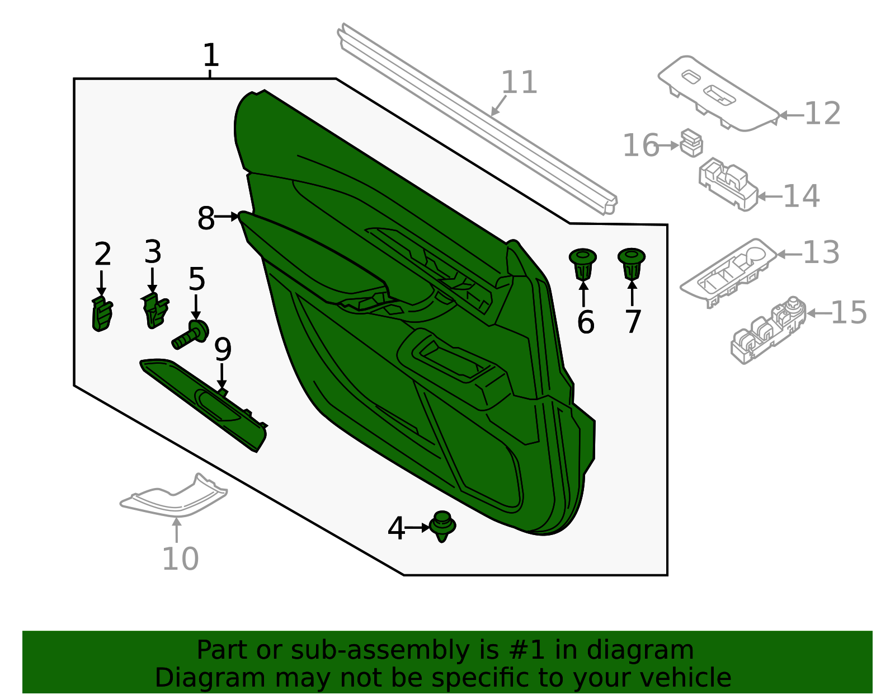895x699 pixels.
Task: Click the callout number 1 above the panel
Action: click(210, 55)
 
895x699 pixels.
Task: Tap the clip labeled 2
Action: click(101, 315)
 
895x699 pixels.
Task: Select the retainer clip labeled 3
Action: click(155, 311)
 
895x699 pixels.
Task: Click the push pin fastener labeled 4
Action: click(442, 526)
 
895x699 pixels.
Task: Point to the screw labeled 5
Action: click(191, 334)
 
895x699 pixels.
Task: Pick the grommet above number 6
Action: click(582, 264)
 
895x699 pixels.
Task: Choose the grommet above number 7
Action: click(632, 264)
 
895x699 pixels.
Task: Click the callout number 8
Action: click(206, 218)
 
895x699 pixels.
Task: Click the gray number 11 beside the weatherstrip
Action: click(519, 82)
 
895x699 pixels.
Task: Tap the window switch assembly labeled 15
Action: click(767, 330)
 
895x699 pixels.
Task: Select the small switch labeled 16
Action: click(691, 143)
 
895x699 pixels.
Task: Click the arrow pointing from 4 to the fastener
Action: click(417, 527)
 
